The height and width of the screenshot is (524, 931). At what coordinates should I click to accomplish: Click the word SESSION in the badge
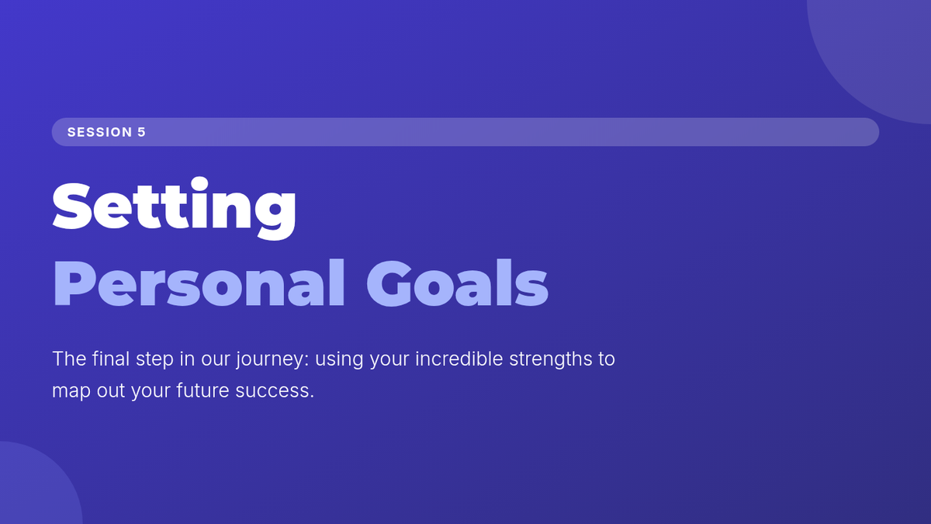click(x=100, y=132)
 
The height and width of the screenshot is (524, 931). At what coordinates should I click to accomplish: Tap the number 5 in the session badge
click(x=142, y=132)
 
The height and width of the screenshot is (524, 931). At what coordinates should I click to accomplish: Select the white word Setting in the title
click(x=174, y=208)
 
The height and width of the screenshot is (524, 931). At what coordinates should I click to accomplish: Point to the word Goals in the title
click(x=457, y=283)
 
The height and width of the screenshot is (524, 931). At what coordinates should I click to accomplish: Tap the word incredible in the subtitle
click(x=459, y=359)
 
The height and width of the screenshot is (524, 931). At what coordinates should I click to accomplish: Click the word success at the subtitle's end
click(x=275, y=391)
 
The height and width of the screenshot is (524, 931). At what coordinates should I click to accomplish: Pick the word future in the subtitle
click(x=202, y=390)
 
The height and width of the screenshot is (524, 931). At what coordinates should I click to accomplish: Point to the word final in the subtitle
click(x=111, y=359)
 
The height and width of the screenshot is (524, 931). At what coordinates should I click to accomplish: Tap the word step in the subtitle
click(x=154, y=359)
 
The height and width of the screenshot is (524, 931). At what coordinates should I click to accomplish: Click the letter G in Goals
click(x=389, y=283)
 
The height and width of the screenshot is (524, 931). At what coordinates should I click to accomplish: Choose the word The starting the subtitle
click(x=69, y=359)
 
